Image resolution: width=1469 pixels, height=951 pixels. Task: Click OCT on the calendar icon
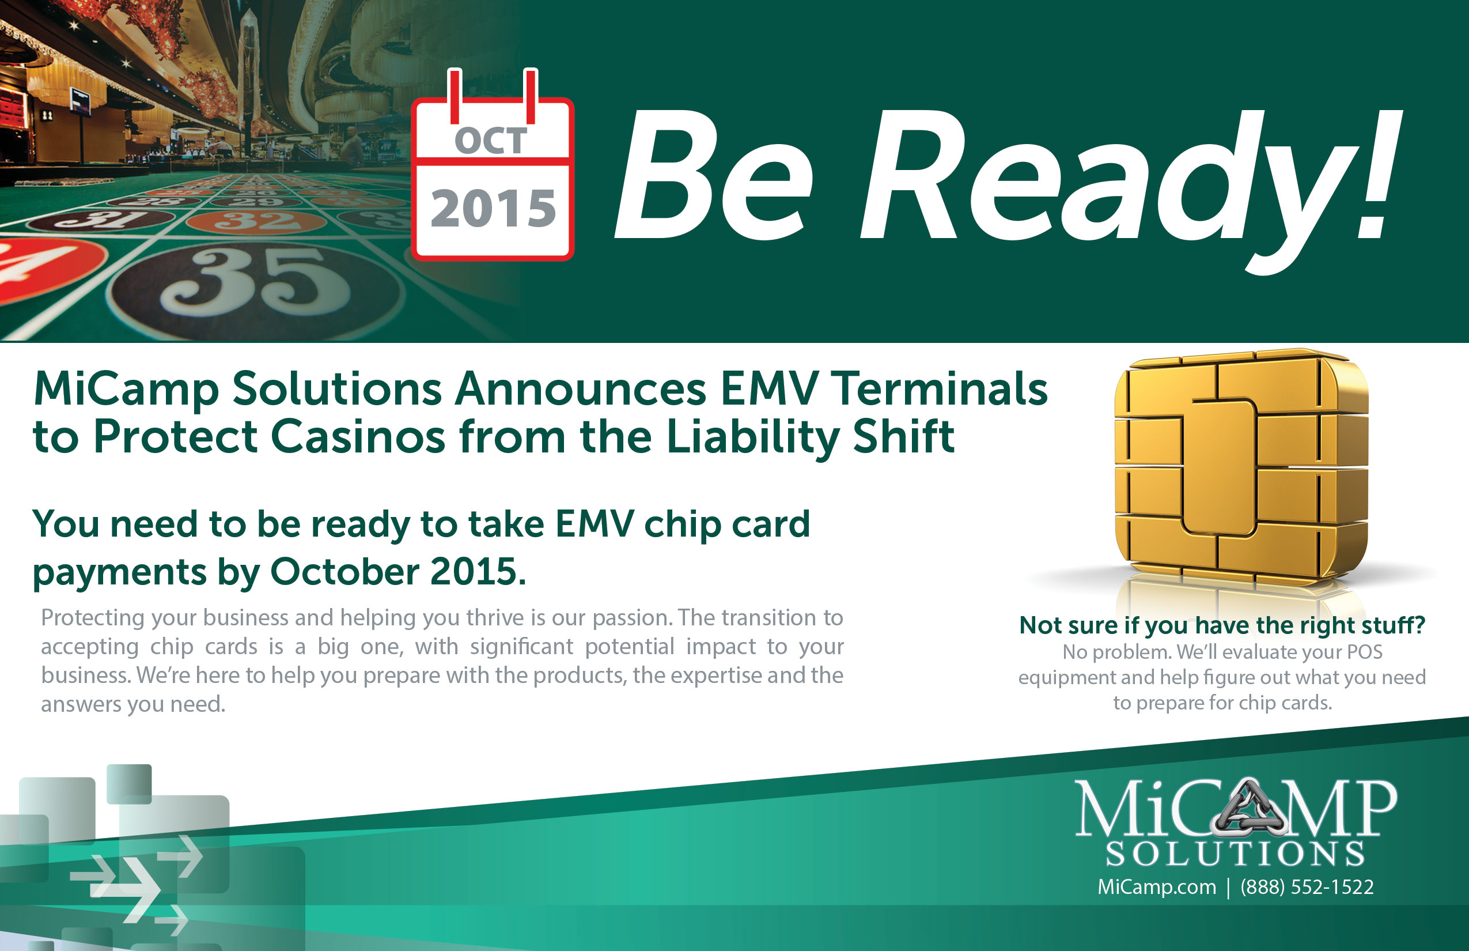coord(491,141)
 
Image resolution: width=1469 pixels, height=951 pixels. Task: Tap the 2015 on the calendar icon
coord(493,208)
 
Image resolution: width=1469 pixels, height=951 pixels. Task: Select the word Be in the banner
coord(713,176)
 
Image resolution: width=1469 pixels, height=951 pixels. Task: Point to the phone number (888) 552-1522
coord(1307,887)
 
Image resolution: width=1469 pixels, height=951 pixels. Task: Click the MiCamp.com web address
coord(1157,887)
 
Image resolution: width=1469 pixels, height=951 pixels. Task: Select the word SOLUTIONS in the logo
coord(1235,854)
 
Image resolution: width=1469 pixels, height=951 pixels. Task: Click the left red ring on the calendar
coord(455,96)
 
